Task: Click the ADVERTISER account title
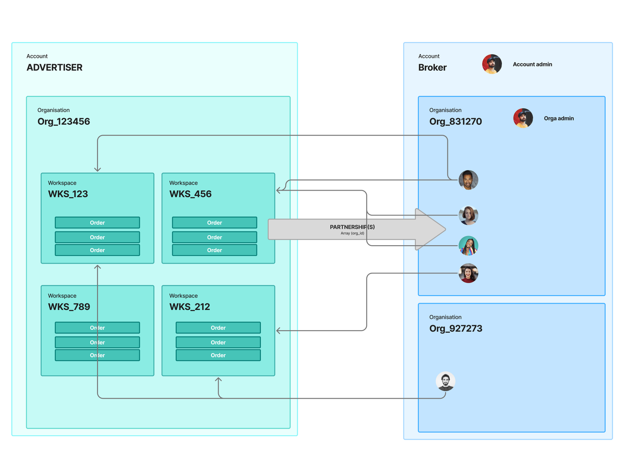coord(55,68)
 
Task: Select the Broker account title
coord(433,68)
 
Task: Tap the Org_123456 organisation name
coord(64,122)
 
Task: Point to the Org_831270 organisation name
coord(456,122)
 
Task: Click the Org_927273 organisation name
coord(456,329)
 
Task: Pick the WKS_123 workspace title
coord(68,194)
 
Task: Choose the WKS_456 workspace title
coord(190,194)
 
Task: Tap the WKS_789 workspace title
coord(69,307)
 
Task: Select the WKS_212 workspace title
coord(190,307)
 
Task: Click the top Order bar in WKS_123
coord(97,223)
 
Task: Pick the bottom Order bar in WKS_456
coord(215,250)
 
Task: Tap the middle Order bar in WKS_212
coord(218,342)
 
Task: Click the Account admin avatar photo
coord(492,64)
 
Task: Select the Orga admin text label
coord(559,118)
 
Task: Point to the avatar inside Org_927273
coord(446,381)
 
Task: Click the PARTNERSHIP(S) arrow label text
coord(352,227)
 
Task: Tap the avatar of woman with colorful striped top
coord(468,246)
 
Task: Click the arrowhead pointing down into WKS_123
coord(97,169)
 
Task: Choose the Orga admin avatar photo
coord(523,118)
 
